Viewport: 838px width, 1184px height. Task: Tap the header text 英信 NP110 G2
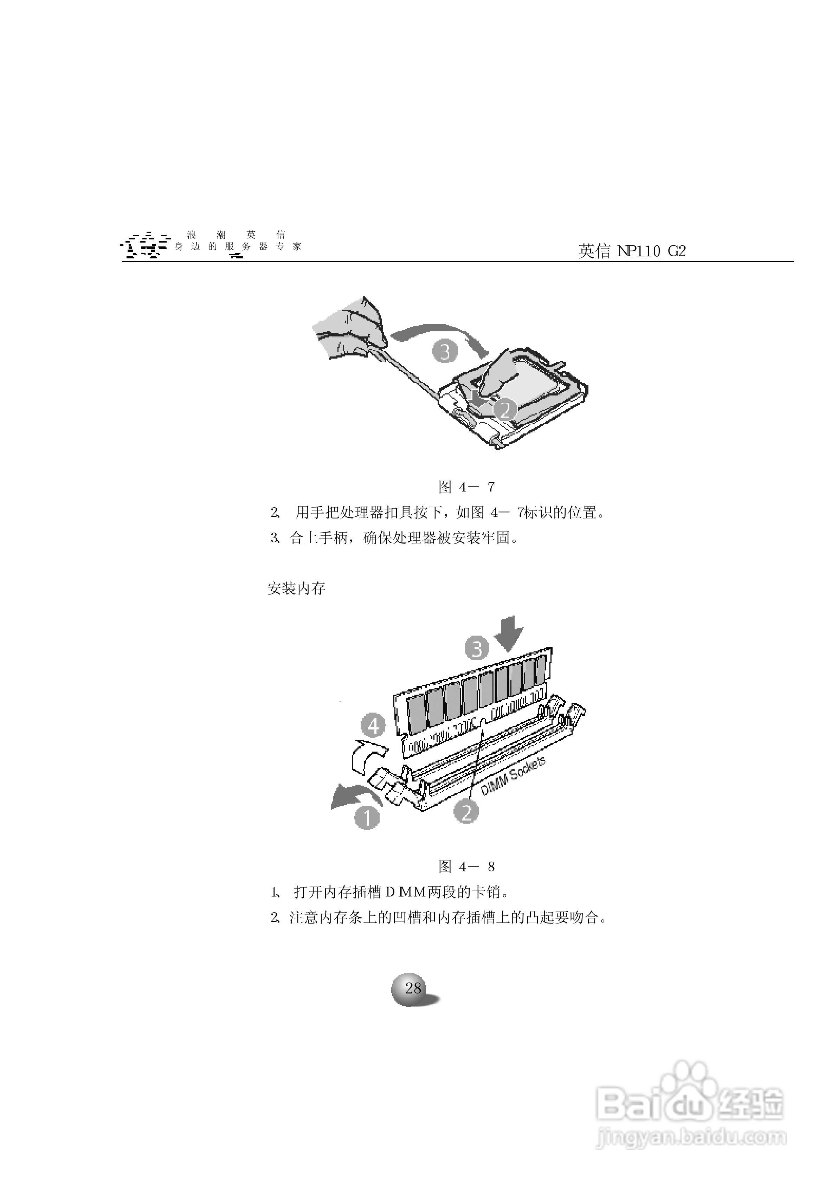tap(632, 251)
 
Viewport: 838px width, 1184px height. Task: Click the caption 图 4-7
tap(466, 487)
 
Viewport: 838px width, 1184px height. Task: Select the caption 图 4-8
tap(466, 866)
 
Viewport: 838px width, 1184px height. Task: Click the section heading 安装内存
tap(296, 588)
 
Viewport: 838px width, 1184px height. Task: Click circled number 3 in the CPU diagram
tap(445, 351)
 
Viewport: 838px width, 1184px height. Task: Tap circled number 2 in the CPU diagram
tap(505, 410)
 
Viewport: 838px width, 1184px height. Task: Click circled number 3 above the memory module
tap(477, 648)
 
